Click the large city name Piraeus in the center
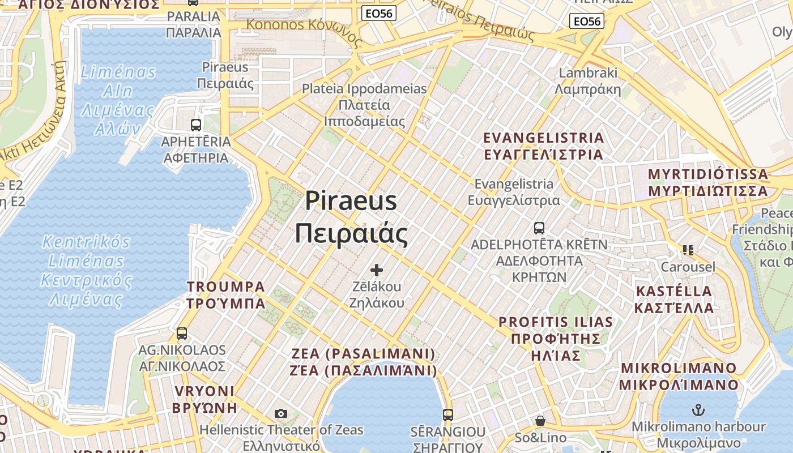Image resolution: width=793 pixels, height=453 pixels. click(351, 202)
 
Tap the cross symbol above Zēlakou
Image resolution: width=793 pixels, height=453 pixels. click(376, 270)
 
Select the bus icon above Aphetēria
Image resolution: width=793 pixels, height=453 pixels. click(196, 125)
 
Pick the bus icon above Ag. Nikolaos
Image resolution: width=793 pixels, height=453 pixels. click(182, 334)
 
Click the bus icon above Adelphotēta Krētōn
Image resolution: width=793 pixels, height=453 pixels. click(539, 228)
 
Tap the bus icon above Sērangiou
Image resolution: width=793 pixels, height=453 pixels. click(448, 414)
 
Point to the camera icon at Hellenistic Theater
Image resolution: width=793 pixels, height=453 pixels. click(281, 414)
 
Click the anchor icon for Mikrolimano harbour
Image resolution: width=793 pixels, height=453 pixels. click(698, 409)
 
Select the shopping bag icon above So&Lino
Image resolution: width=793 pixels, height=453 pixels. click(540, 421)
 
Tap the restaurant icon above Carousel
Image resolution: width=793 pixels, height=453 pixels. click(688, 250)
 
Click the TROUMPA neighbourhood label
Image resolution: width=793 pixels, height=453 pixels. click(226, 294)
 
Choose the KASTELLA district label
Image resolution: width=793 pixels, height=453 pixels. click(674, 300)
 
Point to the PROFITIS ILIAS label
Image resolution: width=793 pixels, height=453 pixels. click(556, 339)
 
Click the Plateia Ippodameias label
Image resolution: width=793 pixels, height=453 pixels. click(364, 105)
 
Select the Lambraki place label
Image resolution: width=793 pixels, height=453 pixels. click(588, 81)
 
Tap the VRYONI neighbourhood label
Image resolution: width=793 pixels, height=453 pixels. click(204, 399)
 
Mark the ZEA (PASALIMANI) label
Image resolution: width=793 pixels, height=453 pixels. click(363, 362)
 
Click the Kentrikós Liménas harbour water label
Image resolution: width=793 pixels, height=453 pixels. click(86, 271)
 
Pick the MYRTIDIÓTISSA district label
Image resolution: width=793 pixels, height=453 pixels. click(708, 182)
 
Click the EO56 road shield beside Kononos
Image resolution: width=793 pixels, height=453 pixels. click(378, 14)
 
